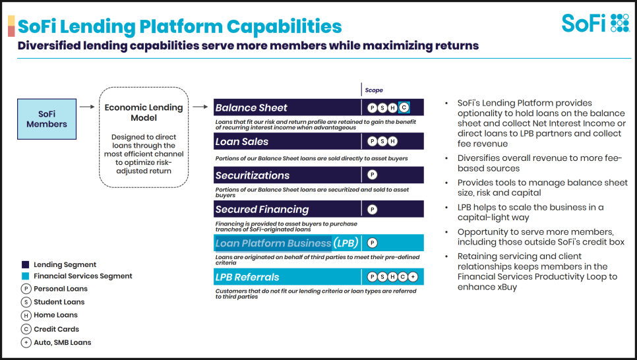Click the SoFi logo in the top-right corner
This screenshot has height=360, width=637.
pos(595,23)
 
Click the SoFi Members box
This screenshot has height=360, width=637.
pos(47,119)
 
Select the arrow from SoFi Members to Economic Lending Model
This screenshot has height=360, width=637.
pos(87,107)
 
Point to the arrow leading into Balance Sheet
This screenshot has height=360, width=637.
pos(200,107)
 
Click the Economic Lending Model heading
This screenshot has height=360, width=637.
pos(144,113)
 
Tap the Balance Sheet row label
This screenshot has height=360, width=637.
pos(251,107)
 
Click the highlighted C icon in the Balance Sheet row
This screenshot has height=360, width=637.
pos(404,107)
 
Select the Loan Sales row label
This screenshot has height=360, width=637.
pos(242,141)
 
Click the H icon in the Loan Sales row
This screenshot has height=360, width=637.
pos(392,141)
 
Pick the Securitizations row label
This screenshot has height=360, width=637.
pos(253,175)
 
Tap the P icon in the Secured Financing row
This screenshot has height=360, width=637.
pos(372,209)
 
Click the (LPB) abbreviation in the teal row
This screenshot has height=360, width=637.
pos(346,243)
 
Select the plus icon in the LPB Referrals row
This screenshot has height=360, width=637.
pos(413,277)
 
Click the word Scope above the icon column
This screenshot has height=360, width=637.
pos(374,90)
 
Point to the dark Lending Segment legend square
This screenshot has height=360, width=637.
pos(25,264)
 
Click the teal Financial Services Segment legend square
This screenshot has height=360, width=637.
pos(25,276)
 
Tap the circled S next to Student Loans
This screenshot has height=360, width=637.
pos(26,302)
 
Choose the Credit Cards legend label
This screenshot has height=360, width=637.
pos(57,329)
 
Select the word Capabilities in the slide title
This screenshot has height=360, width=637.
pos(284,26)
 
